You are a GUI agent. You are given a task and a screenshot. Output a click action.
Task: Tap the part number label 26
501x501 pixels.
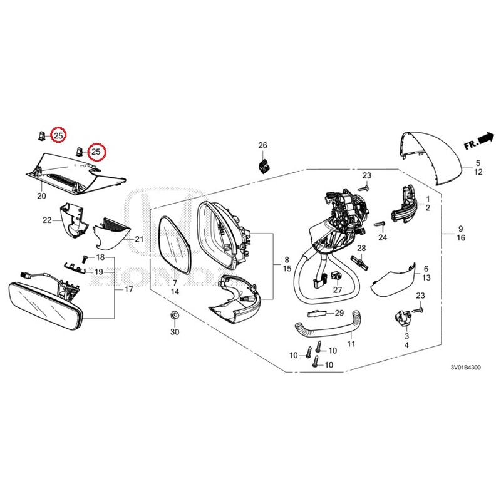point(262,145)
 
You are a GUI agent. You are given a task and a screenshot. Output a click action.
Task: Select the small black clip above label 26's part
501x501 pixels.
point(264,165)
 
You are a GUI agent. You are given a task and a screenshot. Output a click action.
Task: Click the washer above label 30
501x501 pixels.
point(175,314)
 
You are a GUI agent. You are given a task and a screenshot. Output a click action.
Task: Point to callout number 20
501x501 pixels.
point(43,196)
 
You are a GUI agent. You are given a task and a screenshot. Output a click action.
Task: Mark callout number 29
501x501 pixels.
point(339,312)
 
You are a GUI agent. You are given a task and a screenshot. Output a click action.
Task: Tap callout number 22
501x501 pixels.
point(47,220)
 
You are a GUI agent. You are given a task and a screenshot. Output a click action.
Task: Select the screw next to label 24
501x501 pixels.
point(378,223)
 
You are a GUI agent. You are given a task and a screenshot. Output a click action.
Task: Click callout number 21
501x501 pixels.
point(139,239)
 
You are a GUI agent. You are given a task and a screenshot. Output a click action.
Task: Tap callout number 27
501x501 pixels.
point(338,289)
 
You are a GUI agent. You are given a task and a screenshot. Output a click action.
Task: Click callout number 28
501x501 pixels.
point(361,249)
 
